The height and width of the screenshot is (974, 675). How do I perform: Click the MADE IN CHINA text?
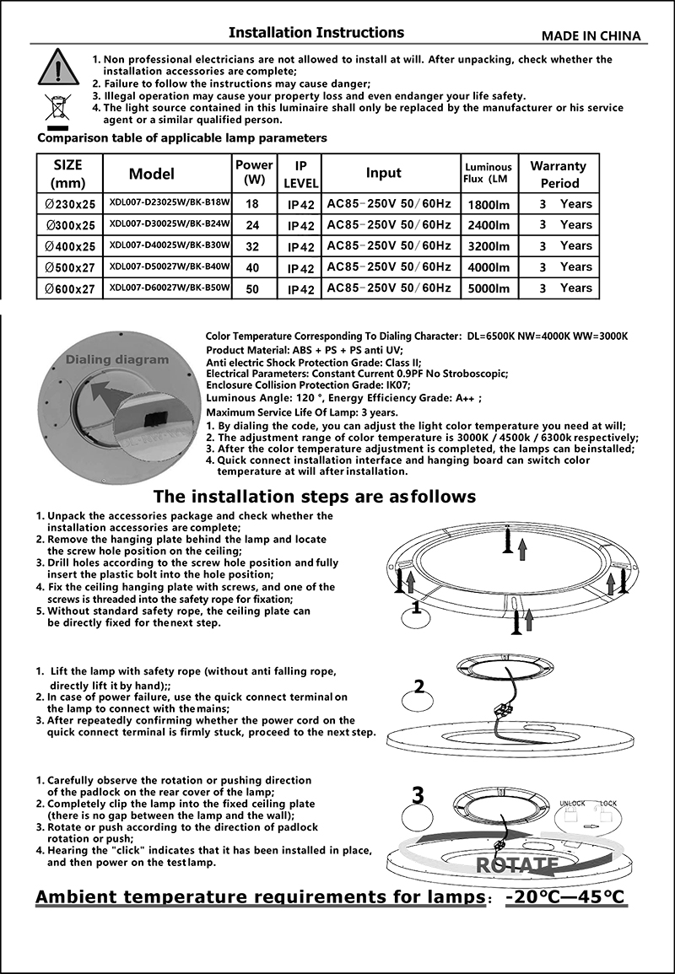pyautogui.click(x=591, y=35)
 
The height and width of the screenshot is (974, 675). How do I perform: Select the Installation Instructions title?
pyautogui.click(x=316, y=33)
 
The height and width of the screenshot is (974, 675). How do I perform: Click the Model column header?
pyautogui.click(x=152, y=174)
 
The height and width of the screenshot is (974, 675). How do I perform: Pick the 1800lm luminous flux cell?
pyautogui.click(x=489, y=204)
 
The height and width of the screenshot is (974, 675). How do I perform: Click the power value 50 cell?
pyautogui.click(x=252, y=288)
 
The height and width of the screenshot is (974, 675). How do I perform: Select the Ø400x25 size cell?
pyautogui.click(x=70, y=246)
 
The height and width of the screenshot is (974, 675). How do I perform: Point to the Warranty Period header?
pyautogui.click(x=558, y=174)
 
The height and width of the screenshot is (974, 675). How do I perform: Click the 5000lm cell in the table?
pyautogui.click(x=489, y=288)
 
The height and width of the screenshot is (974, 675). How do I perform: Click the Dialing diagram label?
pyautogui.click(x=117, y=360)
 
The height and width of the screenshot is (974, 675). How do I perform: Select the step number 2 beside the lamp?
pyautogui.click(x=418, y=686)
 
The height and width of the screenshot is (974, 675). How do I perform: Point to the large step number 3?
pyautogui.click(x=418, y=794)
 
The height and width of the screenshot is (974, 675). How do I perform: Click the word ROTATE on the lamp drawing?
pyautogui.click(x=516, y=864)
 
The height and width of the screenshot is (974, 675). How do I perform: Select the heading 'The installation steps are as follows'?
pyautogui.click(x=314, y=496)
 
